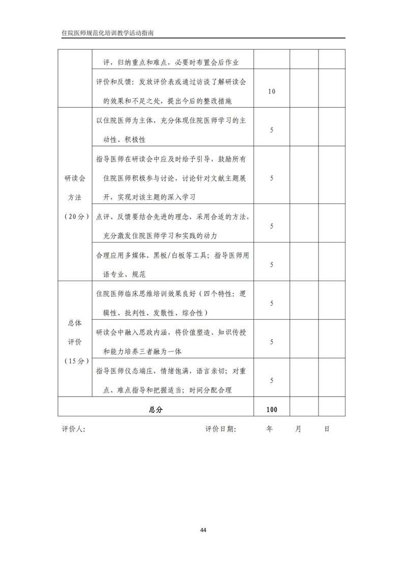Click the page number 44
pyautogui.click(x=203, y=530)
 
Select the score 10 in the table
pyautogui.click(x=271, y=92)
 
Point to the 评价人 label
pyautogui.click(x=73, y=429)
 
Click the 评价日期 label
pyautogui.click(x=221, y=429)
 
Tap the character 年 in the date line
pyautogui.click(x=270, y=429)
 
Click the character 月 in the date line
pyautogui.click(x=298, y=429)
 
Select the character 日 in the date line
pyautogui.click(x=327, y=429)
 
